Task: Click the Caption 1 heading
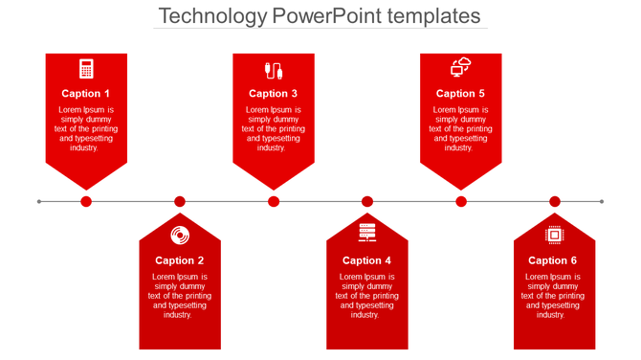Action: click(86, 94)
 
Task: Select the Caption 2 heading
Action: click(180, 260)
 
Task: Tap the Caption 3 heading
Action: click(274, 94)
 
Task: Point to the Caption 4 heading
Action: click(367, 260)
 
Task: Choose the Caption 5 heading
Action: click(461, 94)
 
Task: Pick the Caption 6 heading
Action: click(554, 260)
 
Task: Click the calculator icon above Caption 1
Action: click(86, 69)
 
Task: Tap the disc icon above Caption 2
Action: click(180, 235)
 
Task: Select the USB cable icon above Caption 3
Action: click(274, 69)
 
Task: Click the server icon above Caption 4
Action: click(367, 233)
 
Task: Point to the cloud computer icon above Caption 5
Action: click(461, 67)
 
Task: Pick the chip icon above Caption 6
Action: click(554, 235)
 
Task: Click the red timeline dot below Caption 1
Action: click(86, 201)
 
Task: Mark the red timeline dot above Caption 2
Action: click(180, 201)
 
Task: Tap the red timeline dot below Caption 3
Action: click(274, 201)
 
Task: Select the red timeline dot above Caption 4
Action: click(367, 201)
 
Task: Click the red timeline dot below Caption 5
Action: click(461, 201)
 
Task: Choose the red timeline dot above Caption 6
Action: click(555, 201)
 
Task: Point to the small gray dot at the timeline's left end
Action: click(39, 201)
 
